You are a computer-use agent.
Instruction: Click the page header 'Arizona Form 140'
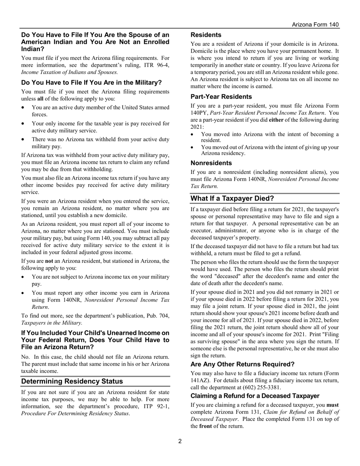[x=315, y=25]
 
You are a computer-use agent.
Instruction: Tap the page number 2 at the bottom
[x=180, y=441]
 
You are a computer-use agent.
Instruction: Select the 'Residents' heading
[x=206, y=35]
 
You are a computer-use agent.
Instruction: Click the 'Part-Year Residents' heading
[x=221, y=97]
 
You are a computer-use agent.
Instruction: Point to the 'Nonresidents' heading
[x=211, y=163]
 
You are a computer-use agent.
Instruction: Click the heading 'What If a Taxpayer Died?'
[x=232, y=199]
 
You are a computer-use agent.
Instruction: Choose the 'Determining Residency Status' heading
[x=72, y=381]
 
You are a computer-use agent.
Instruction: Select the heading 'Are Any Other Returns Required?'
[x=242, y=364]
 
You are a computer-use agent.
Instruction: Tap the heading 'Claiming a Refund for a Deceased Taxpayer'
[x=255, y=396]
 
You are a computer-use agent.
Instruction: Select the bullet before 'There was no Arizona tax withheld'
[x=24, y=139]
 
